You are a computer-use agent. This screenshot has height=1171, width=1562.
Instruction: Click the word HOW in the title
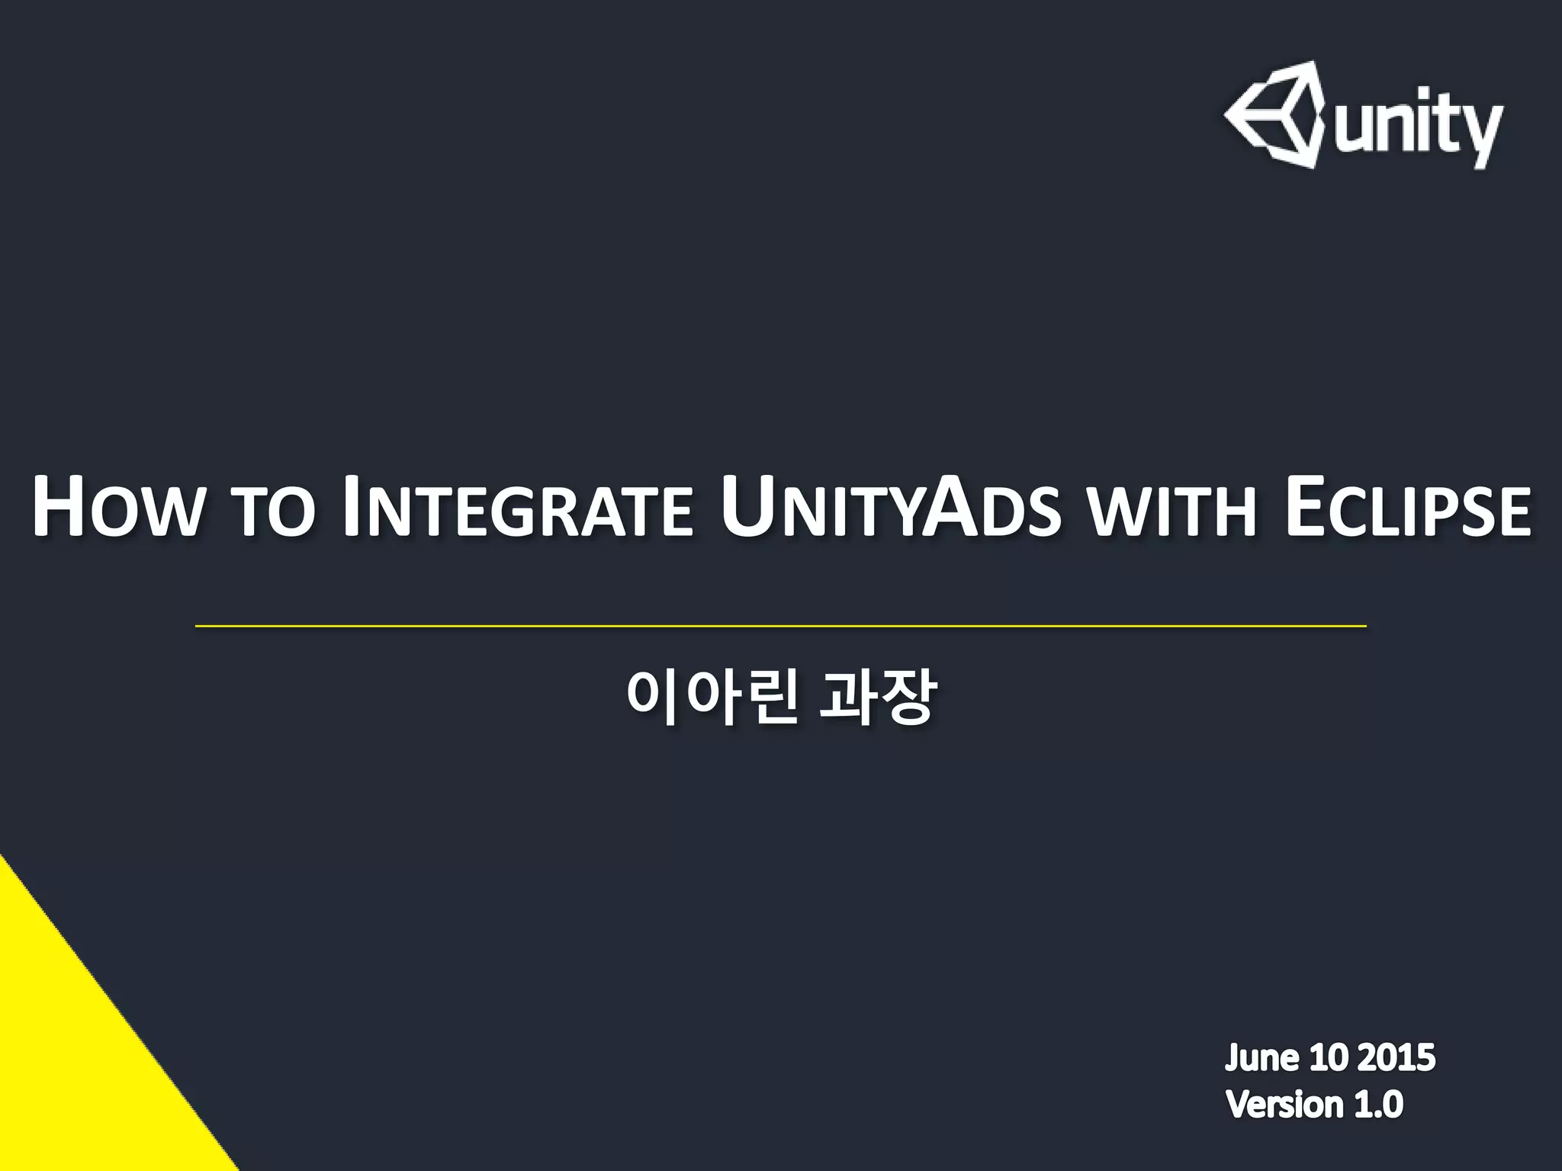pyautogui.click(x=115, y=508)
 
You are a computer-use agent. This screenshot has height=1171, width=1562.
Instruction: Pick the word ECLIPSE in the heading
pyautogui.click(x=1408, y=508)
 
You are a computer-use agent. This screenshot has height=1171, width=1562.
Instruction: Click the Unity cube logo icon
pyautogui.click(x=1274, y=114)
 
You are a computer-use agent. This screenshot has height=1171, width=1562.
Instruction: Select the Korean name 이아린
pyautogui.click(x=712, y=698)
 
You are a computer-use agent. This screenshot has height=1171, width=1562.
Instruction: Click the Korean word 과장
pyautogui.click(x=876, y=698)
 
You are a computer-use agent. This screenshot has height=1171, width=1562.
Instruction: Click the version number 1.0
pyautogui.click(x=1378, y=1104)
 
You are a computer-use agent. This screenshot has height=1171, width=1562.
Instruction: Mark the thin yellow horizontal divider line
pyautogui.click(x=780, y=626)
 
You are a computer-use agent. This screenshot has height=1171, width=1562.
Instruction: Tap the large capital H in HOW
pyautogui.click(x=57, y=506)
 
